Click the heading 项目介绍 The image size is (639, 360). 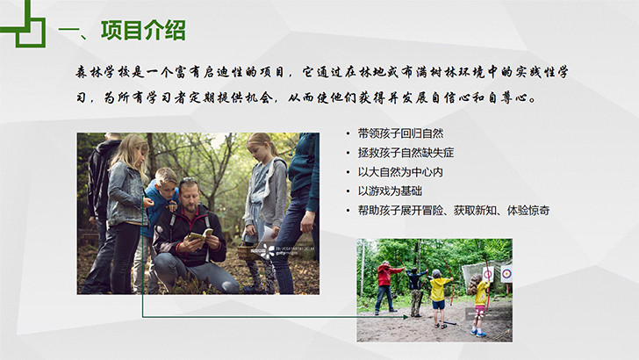pyautogui.click(x=143, y=31)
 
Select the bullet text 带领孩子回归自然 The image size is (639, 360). pyautogui.click(x=400, y=133)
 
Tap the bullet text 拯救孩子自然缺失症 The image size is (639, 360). pyautogui.click(x=406, y=153)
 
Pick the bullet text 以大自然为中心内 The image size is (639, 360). pyautogui.click(x=400, y=171)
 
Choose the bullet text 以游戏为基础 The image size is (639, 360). pyautogui.click(x=390, y=191)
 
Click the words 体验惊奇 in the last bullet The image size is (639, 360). pyautogui.click(x=528, y=211)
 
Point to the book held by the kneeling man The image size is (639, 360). pyautogui.click(x=200, y=235)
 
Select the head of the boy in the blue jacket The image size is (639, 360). pyautogui.click(x=165, y=179)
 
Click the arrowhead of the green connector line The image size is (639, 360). pyautogui.click(x=406, y=317)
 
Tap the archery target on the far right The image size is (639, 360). pyautogui.click(x=506, y=274)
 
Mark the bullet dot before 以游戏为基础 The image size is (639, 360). pyautogui.click(x=348, y=191)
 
